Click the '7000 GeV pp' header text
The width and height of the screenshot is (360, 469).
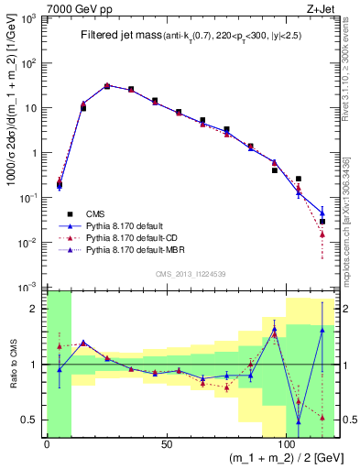pos(74,7)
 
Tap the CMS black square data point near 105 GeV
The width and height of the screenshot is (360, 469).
pos(299,179)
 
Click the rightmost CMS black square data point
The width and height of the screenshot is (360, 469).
pos(322,222)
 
